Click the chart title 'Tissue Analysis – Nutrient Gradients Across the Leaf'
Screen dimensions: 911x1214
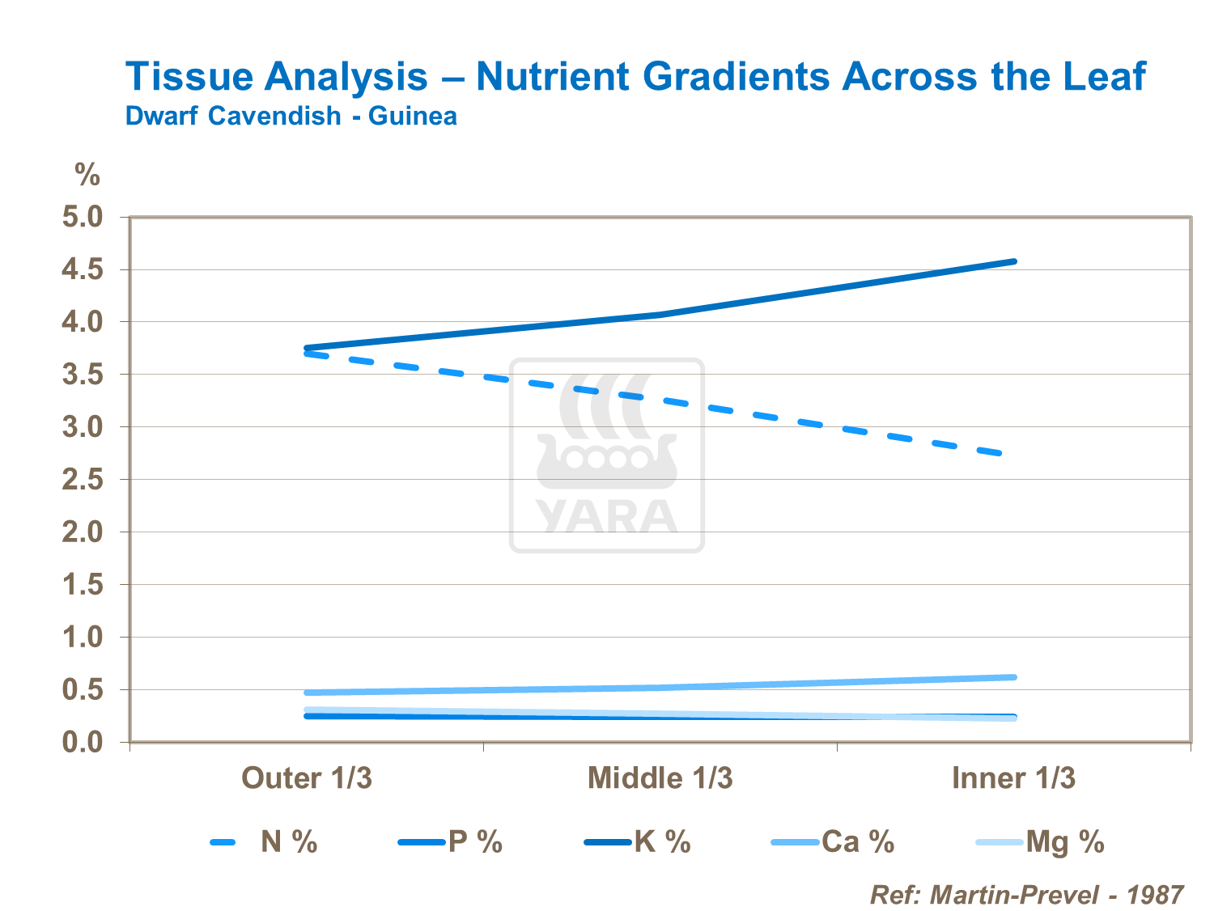(635, 77)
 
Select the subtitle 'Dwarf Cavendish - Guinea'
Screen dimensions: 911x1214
(291, 117)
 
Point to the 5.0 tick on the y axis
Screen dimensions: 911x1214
(83, 218)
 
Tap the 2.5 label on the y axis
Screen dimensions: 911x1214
(83, 480)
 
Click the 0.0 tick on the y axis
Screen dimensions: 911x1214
(83, 742)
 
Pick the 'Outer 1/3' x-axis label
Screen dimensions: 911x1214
(307, 778)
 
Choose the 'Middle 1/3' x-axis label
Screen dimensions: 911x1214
(660, 778)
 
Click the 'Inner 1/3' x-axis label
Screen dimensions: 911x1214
(1013, 778)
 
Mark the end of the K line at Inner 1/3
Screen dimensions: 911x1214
(1014, 261)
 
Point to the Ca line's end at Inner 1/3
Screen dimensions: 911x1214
(1014, 677)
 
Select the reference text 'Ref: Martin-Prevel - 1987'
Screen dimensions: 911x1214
(1026, 895)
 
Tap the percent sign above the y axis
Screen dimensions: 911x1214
(87, 175)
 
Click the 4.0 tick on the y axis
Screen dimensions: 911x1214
(83, 322)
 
